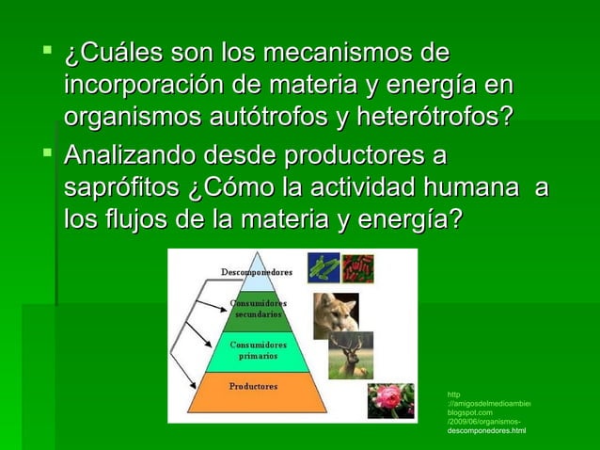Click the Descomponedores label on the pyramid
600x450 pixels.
tap(256, 272)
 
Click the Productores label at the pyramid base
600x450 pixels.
tap(254, 387)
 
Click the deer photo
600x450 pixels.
tap(351, 355)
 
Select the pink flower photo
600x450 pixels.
tap(390, 400)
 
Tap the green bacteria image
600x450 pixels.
tap(324, 268)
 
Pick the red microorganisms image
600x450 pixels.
tap(357, 268)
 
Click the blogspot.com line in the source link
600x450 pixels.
tap(469, 413)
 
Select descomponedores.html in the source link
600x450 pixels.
tap(486, 431)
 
